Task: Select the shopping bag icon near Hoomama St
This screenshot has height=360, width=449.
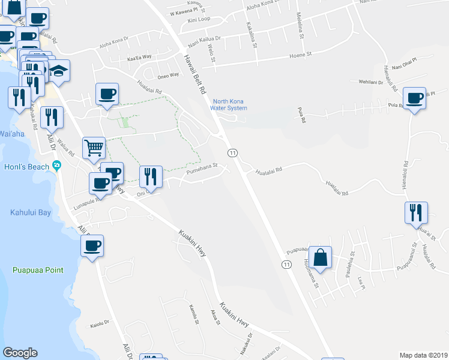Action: pos(321,257)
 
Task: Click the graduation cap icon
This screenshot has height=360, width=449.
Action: pos(58,71)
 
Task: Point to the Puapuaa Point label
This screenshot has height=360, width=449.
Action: pos(37,271)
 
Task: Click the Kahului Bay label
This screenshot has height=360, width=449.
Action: pos(31,212)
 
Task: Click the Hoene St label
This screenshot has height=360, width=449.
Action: pos(301,54)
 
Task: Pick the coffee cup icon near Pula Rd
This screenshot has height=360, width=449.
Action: pos(414,98)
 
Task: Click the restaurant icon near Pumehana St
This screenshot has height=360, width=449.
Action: pos(151,176)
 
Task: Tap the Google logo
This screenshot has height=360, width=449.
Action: pos(20,352)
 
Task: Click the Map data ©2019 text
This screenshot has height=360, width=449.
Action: pos(423,355)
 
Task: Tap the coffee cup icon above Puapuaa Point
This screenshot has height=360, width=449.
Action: pos(92,245)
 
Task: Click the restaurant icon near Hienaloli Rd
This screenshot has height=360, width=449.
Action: pos(415,212)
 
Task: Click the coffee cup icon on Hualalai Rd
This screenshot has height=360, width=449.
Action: pos(107,94)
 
